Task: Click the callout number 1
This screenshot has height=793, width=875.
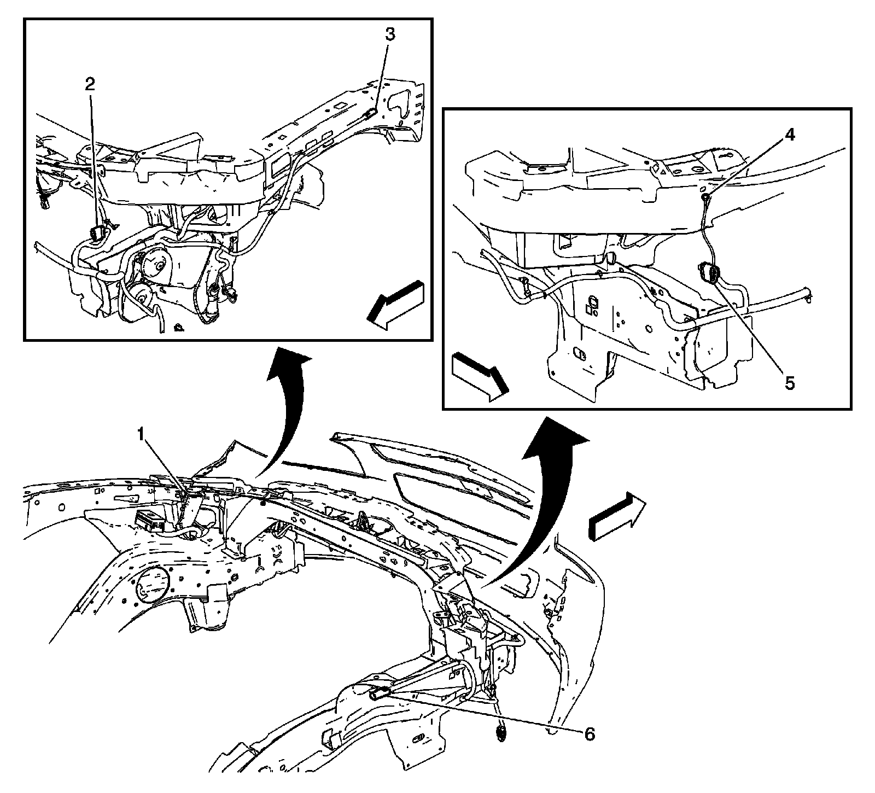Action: pyautogui.click(x=141, y=435)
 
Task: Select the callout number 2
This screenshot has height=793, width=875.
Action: pyautogui.click(x=90, y=84)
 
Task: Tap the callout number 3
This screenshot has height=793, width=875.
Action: pyautogui.click(x=389, y=34)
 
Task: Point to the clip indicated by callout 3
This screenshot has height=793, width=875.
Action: pyautogui.click(x=370, y=113)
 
